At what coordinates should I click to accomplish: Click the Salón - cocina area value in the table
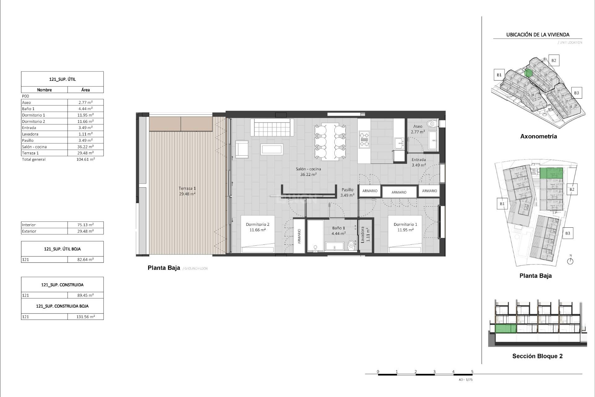coord(86,147)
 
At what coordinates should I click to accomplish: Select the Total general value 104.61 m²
coord(86,159)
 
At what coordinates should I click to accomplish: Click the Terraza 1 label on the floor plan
coord(187,188)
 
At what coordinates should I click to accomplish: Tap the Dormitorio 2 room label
coord(258,224)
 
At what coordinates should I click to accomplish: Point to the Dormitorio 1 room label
coord(405,224)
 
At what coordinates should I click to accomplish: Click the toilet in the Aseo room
coord(431,124)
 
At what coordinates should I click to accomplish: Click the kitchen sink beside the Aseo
coord(399,143)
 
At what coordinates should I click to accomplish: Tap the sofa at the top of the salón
coord(272,127)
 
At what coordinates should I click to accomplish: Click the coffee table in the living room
coord(272,149)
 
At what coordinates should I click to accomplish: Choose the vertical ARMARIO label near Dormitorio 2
coord(299,236)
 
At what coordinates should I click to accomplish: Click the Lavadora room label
coord(363,234)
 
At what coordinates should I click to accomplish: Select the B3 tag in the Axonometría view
coord(576,93)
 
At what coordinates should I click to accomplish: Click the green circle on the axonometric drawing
coord(528,73)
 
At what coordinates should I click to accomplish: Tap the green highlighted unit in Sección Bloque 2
coord(506,328)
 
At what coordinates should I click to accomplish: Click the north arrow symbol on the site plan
coord(570,261)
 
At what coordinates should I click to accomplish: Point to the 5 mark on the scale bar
coord(472,372)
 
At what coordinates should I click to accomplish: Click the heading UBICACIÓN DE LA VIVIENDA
coord(538,35)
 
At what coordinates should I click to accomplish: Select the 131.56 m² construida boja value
coord(86,317)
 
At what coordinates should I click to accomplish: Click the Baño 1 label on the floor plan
coord(338,228)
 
